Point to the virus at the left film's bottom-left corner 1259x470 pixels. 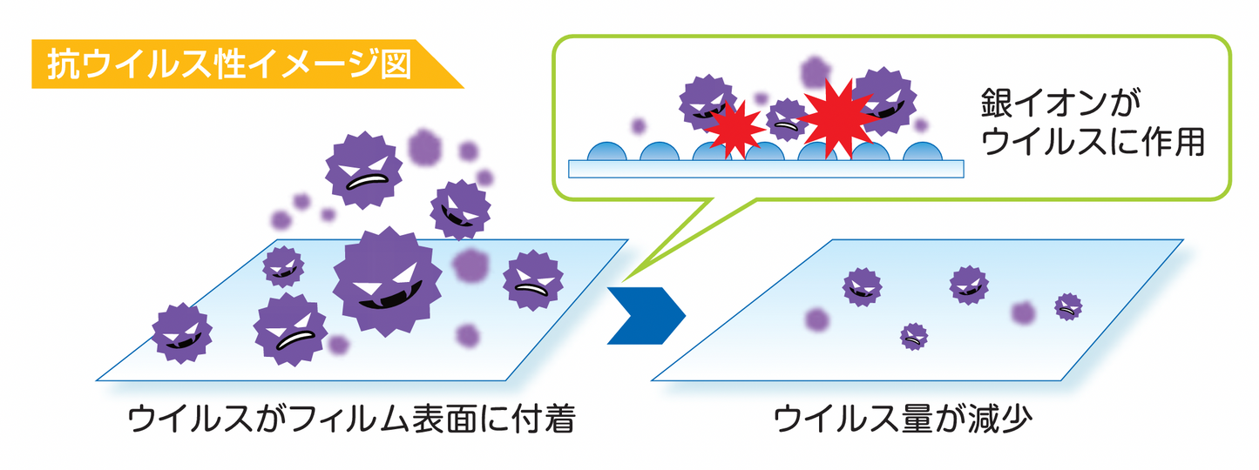181,333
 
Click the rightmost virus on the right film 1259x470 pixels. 1068,305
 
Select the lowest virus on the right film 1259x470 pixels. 913,335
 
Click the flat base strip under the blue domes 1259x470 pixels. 767,168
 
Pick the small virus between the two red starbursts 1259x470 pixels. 787,119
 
